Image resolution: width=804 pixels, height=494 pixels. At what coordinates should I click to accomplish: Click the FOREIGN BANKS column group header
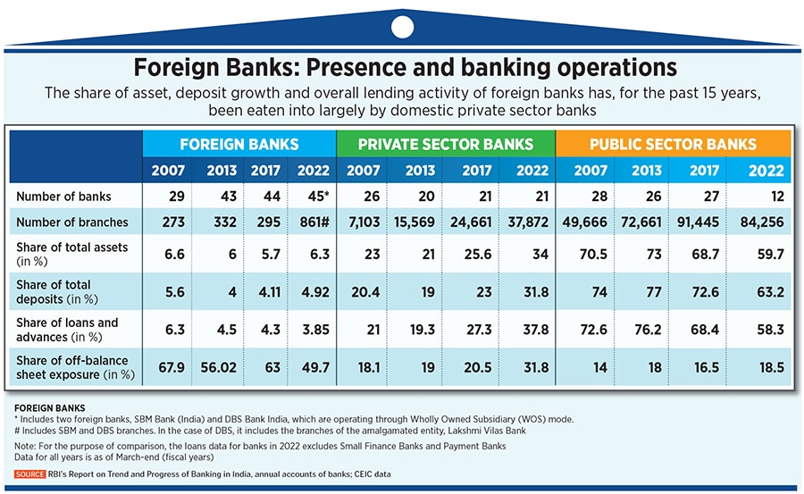(239, 144)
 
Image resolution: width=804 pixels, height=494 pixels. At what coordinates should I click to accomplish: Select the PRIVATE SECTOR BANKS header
(446, 144)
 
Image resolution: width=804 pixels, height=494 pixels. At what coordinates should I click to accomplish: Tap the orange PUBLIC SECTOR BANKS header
(673, 144)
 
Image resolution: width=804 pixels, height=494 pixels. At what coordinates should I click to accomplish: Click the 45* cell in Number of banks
(313, 195)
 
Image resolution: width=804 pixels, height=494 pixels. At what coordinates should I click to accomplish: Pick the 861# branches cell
(313, 222)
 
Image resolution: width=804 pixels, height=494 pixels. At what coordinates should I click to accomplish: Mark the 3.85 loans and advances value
(313, 330)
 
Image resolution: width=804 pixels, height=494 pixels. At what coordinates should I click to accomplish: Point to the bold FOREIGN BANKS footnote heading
(47, 406)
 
